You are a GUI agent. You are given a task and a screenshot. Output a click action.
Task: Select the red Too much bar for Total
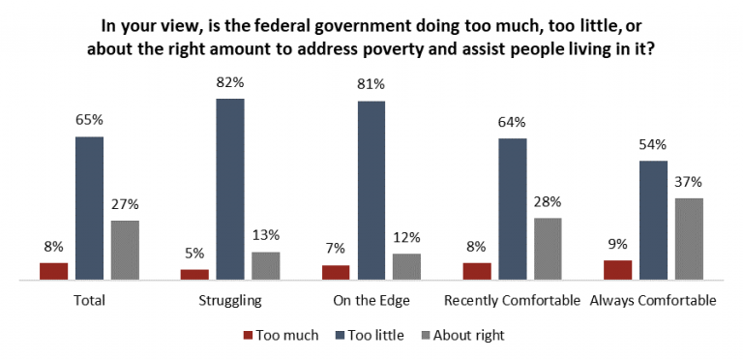tap(54, 271)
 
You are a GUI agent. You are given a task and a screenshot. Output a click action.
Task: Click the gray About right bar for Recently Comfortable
tap(548, 249)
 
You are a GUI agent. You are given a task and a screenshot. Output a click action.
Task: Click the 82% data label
tap(230, 83)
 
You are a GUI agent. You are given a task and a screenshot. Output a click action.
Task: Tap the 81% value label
tap(371, 86)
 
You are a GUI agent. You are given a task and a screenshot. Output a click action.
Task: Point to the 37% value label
tap(688, 182)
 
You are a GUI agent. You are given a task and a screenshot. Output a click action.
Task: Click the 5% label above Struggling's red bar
tap(194, 254)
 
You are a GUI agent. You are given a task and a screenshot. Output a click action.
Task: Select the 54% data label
tap(653, 145)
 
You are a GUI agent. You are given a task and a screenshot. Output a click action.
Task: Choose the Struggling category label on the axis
tap(230, 301)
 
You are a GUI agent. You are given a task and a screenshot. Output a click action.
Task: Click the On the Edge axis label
tap(371, 301)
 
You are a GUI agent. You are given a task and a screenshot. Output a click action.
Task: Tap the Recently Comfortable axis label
tap(512, 301)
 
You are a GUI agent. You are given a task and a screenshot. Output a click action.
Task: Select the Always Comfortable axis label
tap(653, 301)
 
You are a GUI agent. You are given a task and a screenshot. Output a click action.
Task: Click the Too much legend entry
tap(282, 336)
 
